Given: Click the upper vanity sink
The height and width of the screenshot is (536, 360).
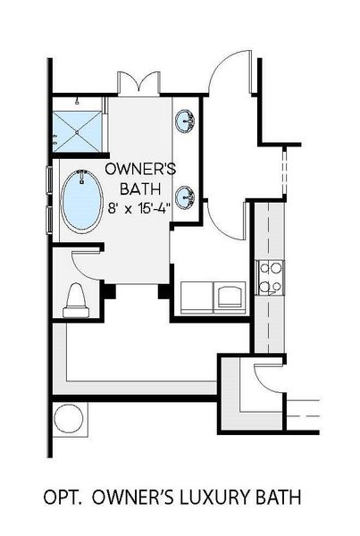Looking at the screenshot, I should pyautogui.click(x=187, y=121).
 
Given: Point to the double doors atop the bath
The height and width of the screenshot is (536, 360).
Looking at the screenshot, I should pyautogui.click(x=138, y=82).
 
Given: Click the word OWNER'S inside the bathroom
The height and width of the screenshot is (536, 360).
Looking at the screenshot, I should pyautogui.click(x=139, y=169).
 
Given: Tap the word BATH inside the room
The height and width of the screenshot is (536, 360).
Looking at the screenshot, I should pyautogui.click(x=139, y=188).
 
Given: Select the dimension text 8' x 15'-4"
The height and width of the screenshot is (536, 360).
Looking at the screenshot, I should pyautogui.click(x=139, y=207).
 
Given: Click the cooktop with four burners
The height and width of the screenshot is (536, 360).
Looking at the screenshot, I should pyautogui.click(x=270, y=277).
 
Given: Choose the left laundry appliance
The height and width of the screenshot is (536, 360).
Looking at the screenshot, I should pyautogui.click(x=197, y=296).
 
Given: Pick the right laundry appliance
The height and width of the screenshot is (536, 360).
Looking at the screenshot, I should pyautogui.click(x=230, y=295).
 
